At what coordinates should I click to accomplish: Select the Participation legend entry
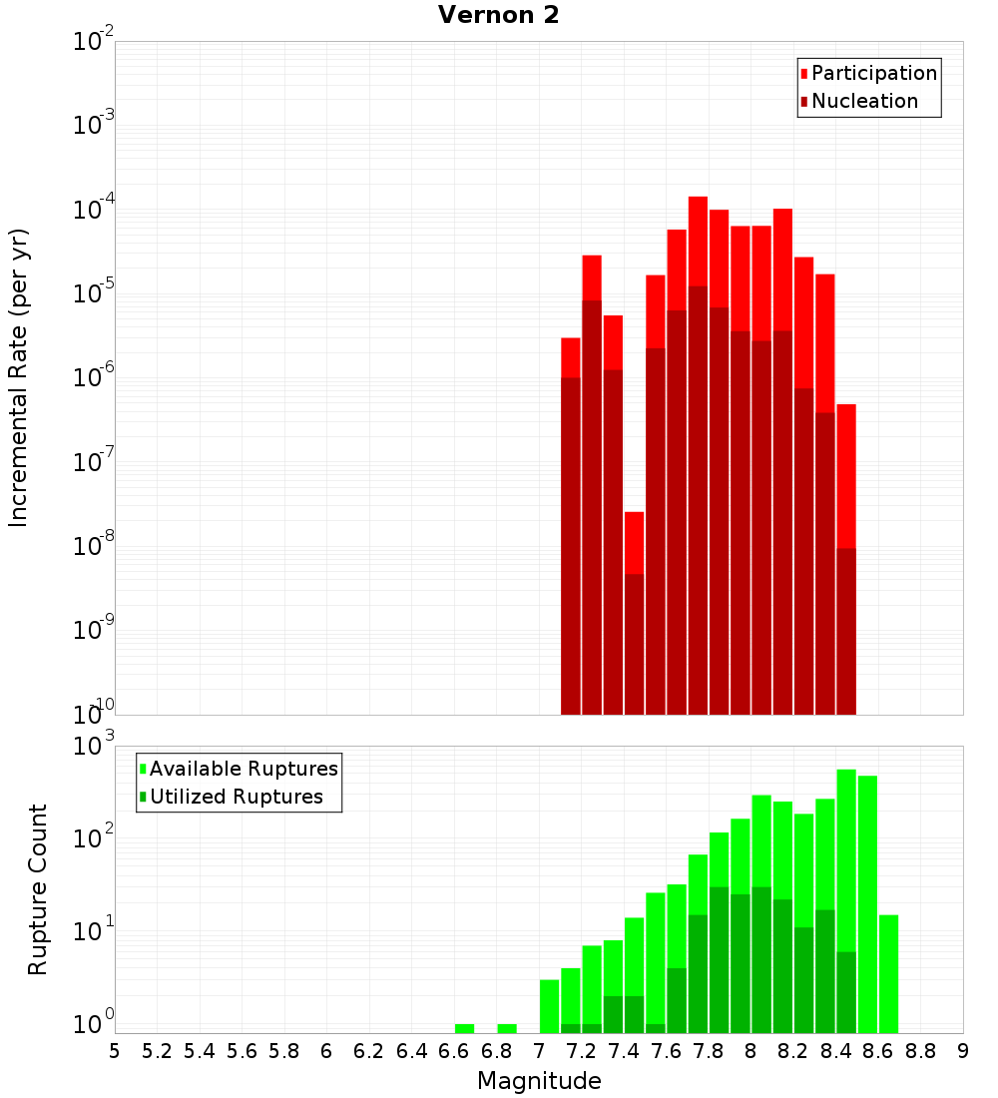(x=873, y=73)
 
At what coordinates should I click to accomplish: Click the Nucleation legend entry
(x=863, y=101)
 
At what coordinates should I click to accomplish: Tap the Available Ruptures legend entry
(x=243, y=769)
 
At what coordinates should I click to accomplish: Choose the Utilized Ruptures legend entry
(x=236, y=797)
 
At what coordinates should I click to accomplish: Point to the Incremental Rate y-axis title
(x=19, y=377)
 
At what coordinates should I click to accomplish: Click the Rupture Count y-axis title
(x=38, y=888)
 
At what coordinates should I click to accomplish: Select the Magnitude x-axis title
(x=539, y=1081)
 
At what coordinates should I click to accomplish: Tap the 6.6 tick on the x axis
(x=454, y=1050)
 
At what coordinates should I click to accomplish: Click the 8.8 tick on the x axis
(x=920, y=1050)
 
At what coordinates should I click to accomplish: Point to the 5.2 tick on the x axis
(x=157, y=1050)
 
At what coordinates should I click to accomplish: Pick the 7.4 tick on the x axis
(x=624, y=1050)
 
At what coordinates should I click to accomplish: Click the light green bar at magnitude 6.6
(x=464, y=1028)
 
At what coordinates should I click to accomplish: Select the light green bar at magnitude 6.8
(x=507, y=1028)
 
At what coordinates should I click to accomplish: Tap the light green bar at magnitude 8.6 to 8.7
(x=888, y=973)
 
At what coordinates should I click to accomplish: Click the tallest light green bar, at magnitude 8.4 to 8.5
(x=846, y=858)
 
